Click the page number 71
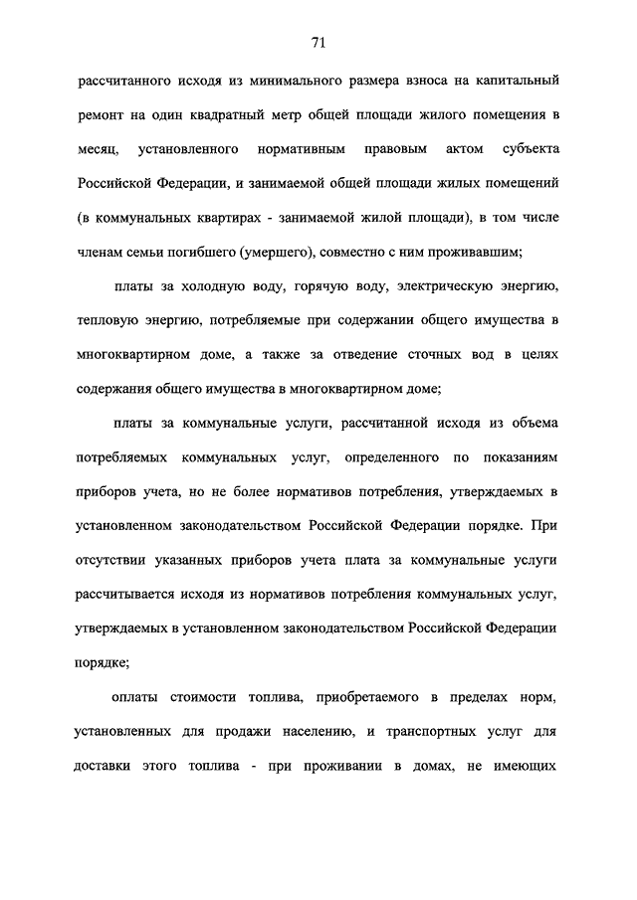pyautogui.click(x=318, y=42)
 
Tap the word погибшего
pyautogui.click(x=217, y=252)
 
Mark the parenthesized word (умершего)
pyautogui.click(x=294, y=252)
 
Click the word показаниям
pyautogui.click(x=515, y=458)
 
